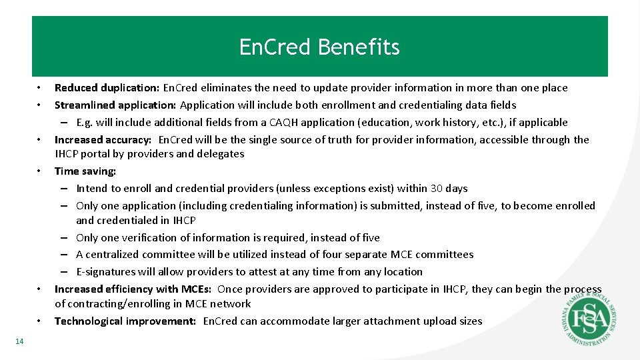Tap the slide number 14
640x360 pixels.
(19, 341)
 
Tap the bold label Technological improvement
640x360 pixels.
(125, 321)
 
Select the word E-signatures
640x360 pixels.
(106, 272)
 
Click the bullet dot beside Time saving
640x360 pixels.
(39, 171)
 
